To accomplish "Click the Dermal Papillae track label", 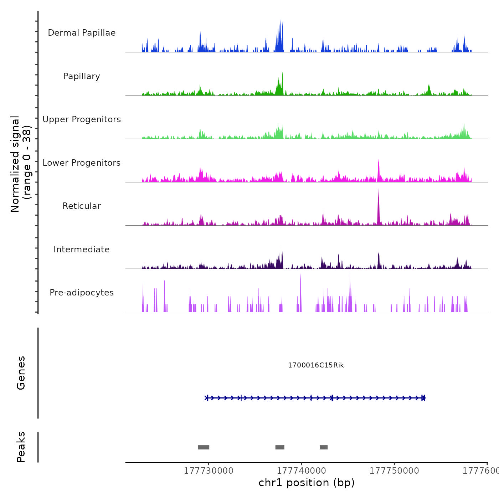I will click(82, 33).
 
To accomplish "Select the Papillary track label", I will click(82, 76).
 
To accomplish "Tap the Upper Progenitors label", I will click(82, 119).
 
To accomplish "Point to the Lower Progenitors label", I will click(82, 163).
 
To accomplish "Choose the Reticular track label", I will click(82, 206).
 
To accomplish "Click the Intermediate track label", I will click(82, 249).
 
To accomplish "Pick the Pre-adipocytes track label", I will click(82, 293).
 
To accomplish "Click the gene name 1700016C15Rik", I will click(316, 365).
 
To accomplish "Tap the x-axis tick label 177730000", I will click(209, 471).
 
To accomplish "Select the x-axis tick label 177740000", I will click(302, 471).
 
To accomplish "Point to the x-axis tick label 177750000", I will click(394, 471).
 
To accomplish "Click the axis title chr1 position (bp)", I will click(307, 483).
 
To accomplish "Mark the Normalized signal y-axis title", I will click(21, 164).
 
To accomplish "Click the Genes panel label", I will click(21, 373).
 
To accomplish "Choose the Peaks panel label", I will click(21, 447).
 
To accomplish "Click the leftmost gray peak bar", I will click(204, 447).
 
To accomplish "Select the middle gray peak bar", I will click(280, 447).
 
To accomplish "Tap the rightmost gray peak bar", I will click(324, 447).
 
